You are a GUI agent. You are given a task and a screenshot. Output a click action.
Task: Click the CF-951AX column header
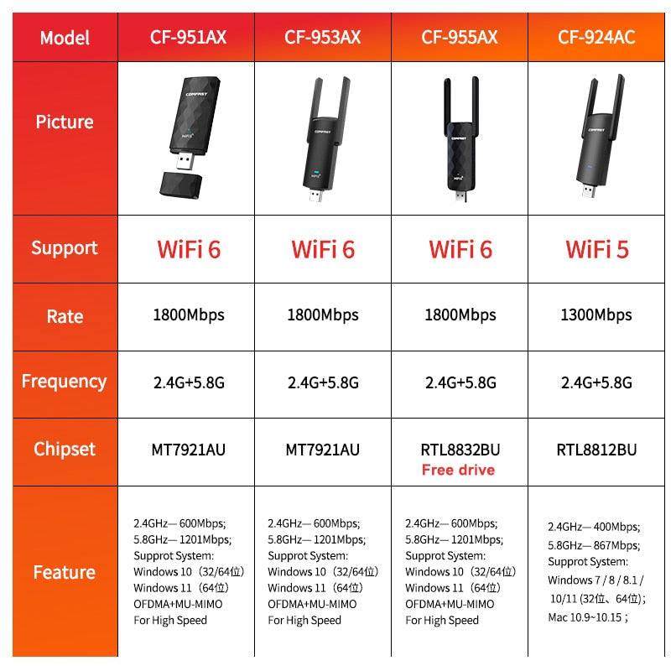tap(188, 37)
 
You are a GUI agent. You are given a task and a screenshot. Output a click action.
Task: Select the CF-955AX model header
tap(460, 37)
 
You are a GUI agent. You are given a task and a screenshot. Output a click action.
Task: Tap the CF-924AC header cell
tap(596, 37)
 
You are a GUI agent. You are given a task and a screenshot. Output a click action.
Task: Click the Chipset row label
tap(65, 450)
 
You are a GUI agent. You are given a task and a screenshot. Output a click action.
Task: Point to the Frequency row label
tap(65, 382)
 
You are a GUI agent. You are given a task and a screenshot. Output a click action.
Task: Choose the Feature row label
tap(65, 572)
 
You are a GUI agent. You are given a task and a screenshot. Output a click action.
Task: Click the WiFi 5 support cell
tap(597, 249)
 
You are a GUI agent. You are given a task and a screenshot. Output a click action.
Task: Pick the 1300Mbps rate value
tap(596, 315)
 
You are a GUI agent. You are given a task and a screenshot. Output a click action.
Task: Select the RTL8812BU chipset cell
tap(596, 450)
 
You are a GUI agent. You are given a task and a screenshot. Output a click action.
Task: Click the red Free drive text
tap(458, 470)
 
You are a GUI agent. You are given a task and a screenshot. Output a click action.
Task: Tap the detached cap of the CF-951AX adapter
tap(180, 185)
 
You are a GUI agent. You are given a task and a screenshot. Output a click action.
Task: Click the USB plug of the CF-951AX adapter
tap(185, 161)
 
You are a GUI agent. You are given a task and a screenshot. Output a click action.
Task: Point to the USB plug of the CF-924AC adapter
tap(589, 190)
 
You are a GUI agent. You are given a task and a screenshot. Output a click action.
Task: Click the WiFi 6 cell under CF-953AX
tap(323, 249)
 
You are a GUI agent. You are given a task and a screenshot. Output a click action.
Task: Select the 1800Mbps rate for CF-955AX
tap(460, 315)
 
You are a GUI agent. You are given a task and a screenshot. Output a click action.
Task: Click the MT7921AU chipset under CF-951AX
tap(188, 450)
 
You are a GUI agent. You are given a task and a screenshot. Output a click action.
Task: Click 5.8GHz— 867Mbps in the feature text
tap(594, 545)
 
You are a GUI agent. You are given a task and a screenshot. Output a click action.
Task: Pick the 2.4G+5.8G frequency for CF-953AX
tap(323, 382)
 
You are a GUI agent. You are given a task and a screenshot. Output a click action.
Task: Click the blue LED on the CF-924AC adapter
tap(590, 167)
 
